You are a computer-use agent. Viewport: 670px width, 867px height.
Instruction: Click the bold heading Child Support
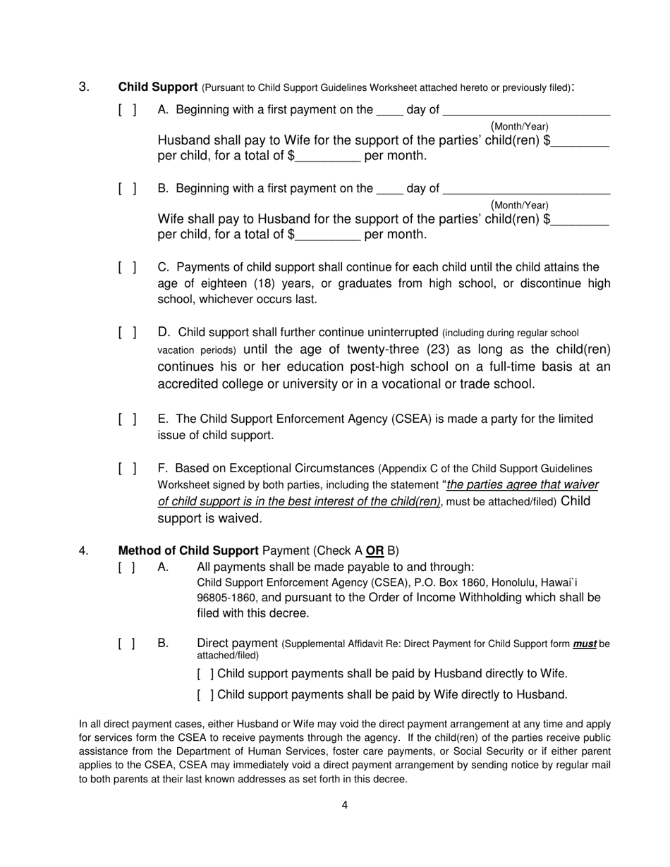[x=157, y=87]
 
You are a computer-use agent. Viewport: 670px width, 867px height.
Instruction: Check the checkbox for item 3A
[x=128, y=110]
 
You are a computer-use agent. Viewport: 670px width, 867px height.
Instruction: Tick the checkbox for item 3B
[x=128, y=189]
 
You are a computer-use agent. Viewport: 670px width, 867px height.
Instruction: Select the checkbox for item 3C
[x=128, y=268]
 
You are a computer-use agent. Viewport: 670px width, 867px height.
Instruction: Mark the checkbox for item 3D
[x=128, y=333]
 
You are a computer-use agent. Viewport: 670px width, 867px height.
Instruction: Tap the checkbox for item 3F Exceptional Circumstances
[x=128, y=469]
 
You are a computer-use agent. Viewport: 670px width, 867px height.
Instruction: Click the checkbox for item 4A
[x=128, y=567]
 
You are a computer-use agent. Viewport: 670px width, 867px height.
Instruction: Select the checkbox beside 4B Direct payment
[x=128, y=644]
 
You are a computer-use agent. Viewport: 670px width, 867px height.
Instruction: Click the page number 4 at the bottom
[x=344, y=805]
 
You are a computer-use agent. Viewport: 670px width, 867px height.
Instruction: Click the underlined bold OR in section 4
[x=374, y=551]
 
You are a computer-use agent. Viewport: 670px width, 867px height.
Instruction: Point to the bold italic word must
[x=584, y=644]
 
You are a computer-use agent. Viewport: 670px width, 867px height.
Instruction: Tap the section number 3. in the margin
[x=84, y=87]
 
